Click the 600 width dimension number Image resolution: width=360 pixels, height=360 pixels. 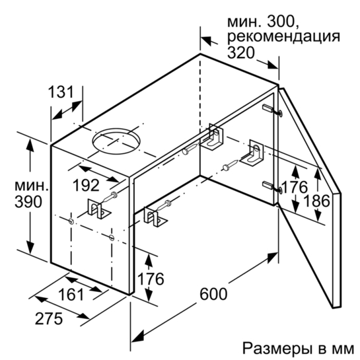pos(213,294)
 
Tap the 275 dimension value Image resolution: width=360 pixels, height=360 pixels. pos(49,318)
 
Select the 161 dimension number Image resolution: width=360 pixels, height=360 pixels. pos(71,295)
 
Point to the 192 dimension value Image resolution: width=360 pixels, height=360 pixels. pos(86,185)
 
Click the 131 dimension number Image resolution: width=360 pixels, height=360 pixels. pos(61,92)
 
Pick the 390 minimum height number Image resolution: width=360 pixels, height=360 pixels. pos(28,202)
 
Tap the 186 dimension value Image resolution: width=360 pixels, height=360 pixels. pos(316,201)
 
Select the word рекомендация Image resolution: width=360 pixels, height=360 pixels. pos(283,37)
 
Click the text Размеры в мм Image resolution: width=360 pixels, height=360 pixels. pos(299,349)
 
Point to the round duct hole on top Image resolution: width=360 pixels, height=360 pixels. pos(116,141)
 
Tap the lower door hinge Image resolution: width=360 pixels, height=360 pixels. pos(273,186)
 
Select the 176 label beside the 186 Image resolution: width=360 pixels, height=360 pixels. pos(294,187)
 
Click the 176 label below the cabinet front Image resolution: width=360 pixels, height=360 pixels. pos(151,279)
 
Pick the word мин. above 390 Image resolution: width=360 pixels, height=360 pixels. pos(32,186)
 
